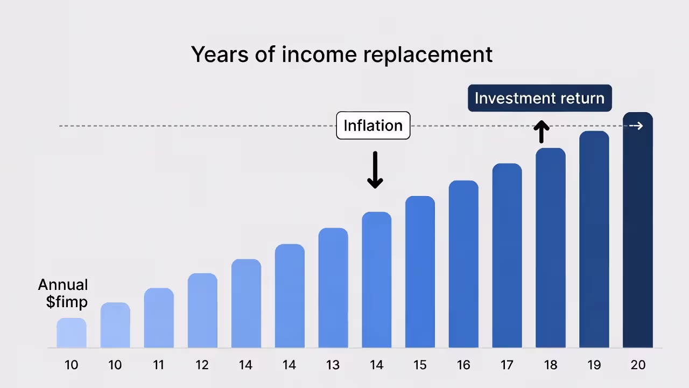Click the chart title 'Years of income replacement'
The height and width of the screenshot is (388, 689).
[342, 54]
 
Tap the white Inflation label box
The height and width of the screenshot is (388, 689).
[373, 126]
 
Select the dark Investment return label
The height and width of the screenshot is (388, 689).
[539, 98]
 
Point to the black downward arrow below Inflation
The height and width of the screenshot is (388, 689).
[375, 170]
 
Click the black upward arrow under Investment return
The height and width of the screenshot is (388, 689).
[542, 132]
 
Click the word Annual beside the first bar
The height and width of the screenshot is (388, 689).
[63, 285]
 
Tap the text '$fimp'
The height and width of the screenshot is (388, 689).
[67, 302]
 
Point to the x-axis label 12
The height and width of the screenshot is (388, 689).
[202, 365]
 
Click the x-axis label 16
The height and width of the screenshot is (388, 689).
[463, 365]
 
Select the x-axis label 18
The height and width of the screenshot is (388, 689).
[551, 365]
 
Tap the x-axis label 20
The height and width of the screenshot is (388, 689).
[638, 365]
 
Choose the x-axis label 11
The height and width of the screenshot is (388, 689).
[158, 365]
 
